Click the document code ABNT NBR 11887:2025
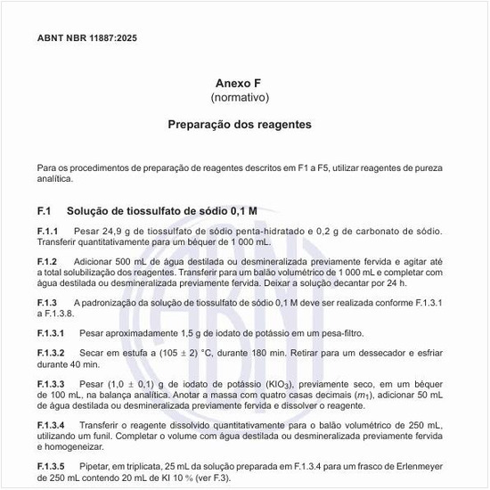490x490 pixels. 87,39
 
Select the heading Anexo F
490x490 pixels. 239,81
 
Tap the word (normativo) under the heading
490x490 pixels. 239,96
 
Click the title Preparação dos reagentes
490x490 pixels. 239,125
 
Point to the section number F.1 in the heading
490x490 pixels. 45,211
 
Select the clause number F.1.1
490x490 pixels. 48,232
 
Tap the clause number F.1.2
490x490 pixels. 48,261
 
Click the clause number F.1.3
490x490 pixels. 48,304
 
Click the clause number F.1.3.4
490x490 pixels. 51,425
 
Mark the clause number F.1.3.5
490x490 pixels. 51,465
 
